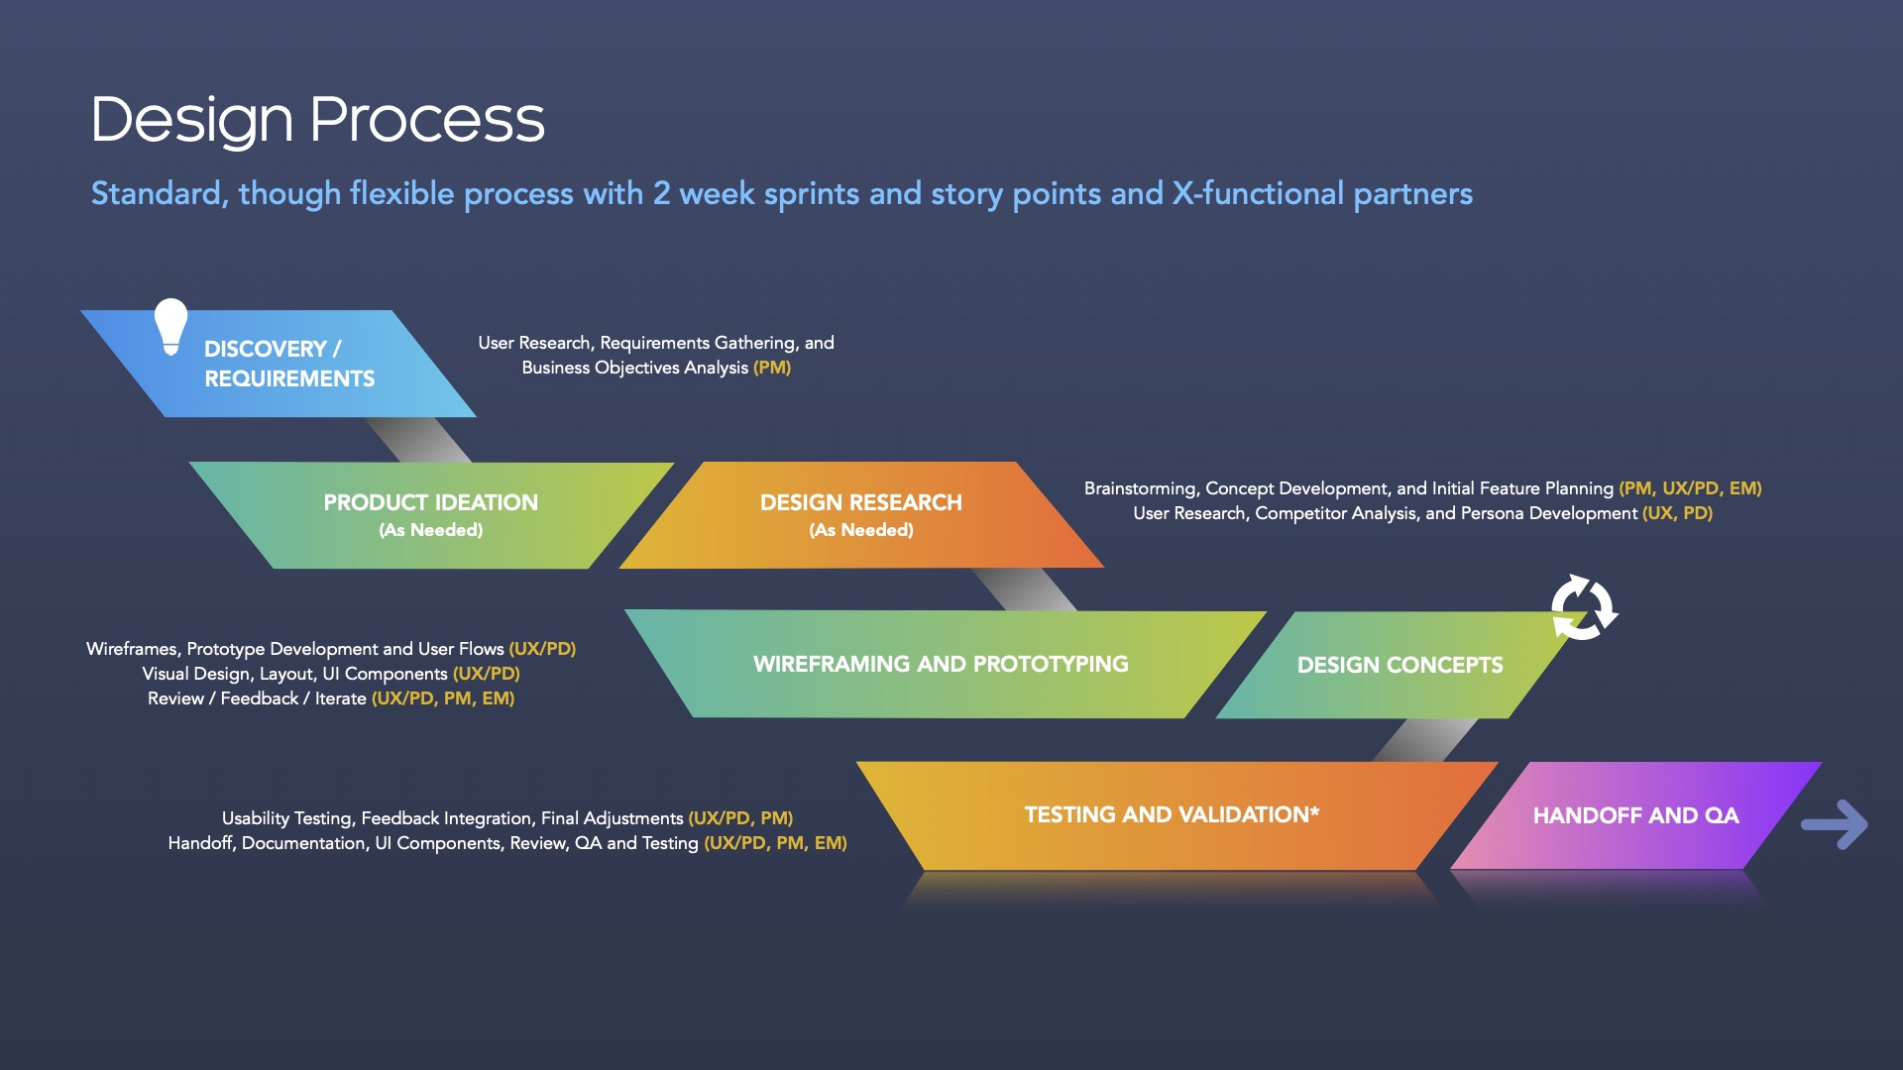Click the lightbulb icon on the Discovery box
[170, 326]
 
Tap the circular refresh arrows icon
[1584, 607]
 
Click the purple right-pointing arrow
[1835, 824]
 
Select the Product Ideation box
[431, 515]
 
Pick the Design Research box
[861, 515]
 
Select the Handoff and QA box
[1636, 815]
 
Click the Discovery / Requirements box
[279, 364]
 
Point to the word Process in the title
[427, 120]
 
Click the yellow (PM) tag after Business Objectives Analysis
[772, 368]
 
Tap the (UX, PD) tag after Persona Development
[1677, 513]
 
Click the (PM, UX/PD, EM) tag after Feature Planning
[1690, 488]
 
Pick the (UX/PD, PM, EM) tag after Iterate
[443, 698]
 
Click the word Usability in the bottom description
[256, 818]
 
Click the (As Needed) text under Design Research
[861, 530]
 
